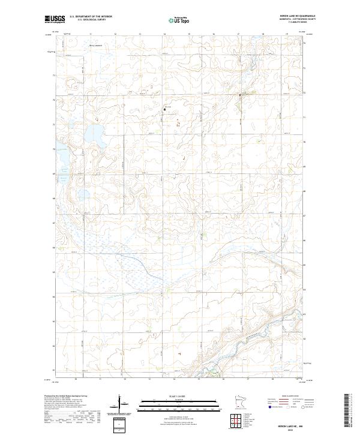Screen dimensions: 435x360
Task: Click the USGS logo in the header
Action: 55,20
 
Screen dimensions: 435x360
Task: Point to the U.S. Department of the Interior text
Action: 91,17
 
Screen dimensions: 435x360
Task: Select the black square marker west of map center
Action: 165,109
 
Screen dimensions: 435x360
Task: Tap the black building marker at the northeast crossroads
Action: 241,95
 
